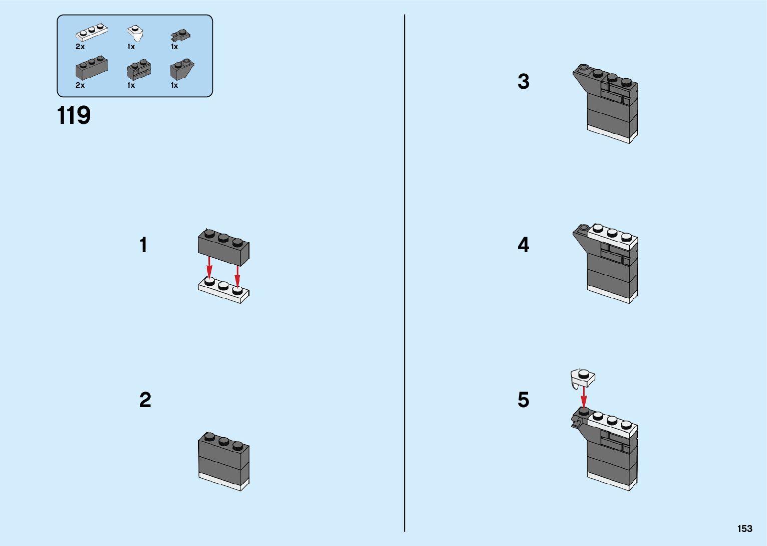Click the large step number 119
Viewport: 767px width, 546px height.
74,115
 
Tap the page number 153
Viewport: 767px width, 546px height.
744,528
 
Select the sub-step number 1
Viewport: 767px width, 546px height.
144,245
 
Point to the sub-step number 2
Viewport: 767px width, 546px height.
145,400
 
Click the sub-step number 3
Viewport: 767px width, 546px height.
523,81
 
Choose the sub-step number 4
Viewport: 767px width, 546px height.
523,245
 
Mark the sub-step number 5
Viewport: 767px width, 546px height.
523,400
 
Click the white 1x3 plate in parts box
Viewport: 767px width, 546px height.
92,32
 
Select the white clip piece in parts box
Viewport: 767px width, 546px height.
135,33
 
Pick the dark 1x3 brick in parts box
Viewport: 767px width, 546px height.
92,68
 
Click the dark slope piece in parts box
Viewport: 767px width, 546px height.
181,69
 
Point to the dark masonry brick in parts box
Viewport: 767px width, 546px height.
139,70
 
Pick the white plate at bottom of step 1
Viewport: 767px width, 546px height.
224,290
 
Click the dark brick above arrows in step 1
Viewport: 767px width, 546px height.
223,246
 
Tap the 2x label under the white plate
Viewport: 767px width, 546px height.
80,47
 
